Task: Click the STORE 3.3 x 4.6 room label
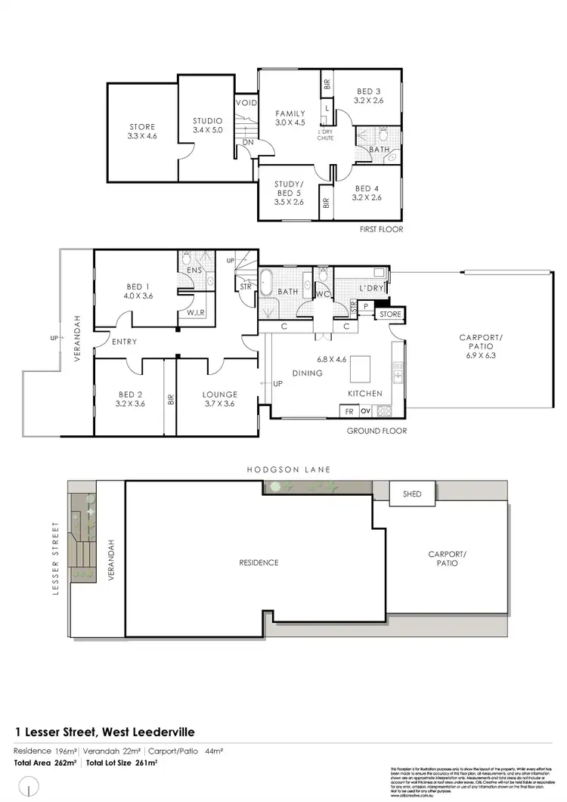[142, 132]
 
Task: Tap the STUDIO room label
[207, 125]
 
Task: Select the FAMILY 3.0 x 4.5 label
[290, 117]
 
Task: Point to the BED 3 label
[368, 97]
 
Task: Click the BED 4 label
[367, 194]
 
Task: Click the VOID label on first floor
[246, 103]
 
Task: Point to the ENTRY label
[124, 342]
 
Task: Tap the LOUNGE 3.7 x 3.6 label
[220, 399]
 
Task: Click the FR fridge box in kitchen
[349, 412]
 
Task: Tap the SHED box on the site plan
[411, 494]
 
